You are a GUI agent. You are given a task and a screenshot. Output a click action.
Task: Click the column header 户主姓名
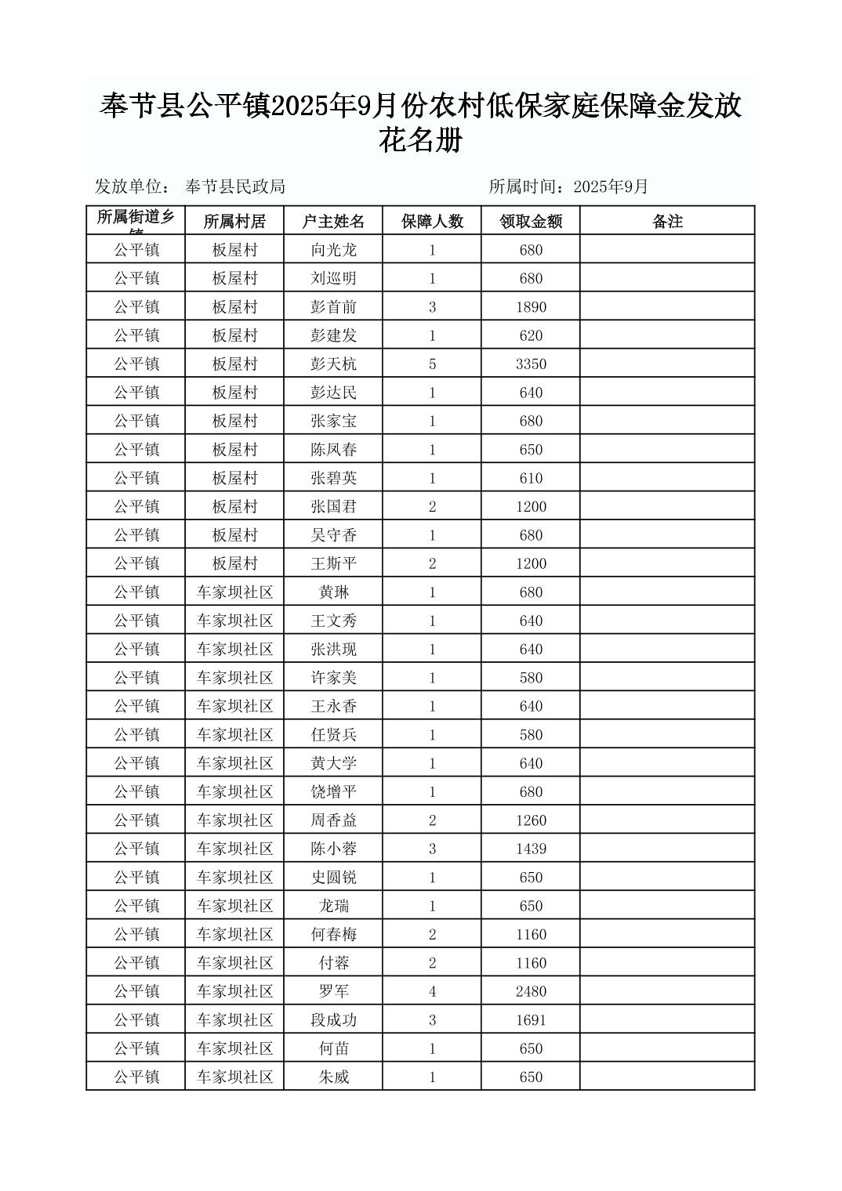coord(333,222)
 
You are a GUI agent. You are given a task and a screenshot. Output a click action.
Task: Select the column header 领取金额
coord(531,222)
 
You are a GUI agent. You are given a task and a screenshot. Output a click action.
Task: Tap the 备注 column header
coord(667,222)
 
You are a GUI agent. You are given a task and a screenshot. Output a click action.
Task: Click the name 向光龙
coord(333,250)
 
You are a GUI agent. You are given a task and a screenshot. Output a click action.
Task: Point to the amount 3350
coord(531,364)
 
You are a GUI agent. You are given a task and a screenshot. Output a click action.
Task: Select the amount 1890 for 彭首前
coord(531,307)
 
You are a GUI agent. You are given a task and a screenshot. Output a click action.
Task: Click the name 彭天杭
coord(333,364)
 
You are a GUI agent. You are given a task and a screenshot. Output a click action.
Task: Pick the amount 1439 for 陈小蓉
coord(531,849)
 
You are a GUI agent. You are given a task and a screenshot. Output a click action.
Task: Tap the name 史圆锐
coord(333,878)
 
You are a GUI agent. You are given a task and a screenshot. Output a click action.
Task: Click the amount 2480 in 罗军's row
coord(531,992)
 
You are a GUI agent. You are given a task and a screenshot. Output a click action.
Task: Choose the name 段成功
coord(333,1020)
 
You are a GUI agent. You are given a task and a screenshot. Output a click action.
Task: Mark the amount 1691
coord(531,1020)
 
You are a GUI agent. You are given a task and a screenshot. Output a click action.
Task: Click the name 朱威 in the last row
coord(333,1077)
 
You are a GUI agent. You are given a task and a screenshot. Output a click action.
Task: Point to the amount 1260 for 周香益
coord(531,820)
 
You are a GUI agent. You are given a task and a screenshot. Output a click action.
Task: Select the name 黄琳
coord(333,592)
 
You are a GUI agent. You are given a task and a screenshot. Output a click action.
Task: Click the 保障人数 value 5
coord(432,364)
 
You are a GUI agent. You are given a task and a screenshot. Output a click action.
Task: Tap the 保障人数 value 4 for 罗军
coord(432,992)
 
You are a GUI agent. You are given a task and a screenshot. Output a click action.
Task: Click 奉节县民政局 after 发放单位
coord(235,186)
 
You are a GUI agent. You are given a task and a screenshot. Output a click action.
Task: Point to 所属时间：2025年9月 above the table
coord(568,186)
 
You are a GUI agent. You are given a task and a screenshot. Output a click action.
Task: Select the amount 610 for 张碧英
coord(531,478)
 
